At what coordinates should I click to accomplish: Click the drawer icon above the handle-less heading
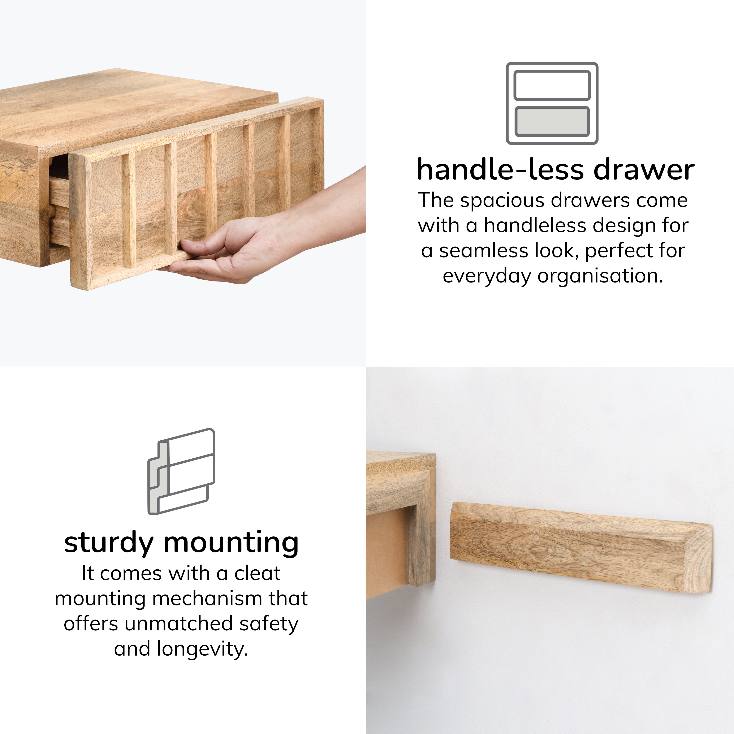click(x=552, y=103)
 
